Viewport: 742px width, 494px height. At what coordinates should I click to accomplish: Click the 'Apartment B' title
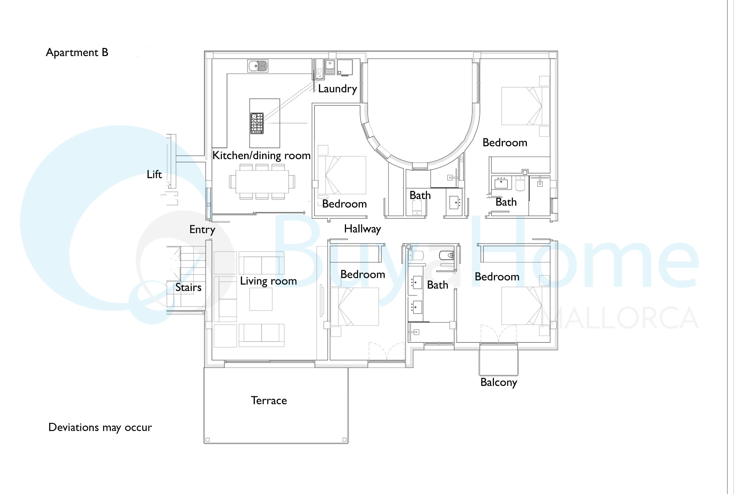click(77, 52)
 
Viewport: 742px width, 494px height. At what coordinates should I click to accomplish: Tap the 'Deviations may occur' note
click(100, 428)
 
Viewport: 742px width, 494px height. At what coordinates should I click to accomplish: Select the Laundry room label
click(337, 89)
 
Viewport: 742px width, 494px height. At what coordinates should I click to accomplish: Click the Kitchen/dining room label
click(261, 155)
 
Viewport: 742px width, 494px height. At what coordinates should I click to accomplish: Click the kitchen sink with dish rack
click(258, 66)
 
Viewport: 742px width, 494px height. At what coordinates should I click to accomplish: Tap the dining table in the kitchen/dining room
click(262, 182)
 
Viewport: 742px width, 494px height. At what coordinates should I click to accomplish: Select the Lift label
click(154, 174)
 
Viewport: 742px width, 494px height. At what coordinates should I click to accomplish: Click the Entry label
click(202, 230)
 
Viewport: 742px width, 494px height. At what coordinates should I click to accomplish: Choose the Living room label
click(268, 281)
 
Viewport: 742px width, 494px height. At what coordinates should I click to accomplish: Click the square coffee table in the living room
click(261, 299)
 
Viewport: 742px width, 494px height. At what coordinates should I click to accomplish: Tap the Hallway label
click(363, 229)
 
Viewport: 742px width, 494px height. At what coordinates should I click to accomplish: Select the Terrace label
click(269, 400)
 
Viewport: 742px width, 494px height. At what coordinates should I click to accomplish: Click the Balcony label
click(499, 382)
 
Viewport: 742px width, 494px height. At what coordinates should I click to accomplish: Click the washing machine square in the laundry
click(345, 67)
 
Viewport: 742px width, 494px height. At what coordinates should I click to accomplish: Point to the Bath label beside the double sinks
click(438, 285)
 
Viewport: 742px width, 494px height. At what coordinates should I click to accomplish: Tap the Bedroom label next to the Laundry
click(345, 204)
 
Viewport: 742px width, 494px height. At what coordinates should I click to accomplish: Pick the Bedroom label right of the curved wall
click(505, 143)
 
